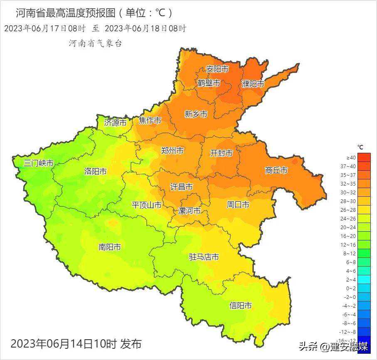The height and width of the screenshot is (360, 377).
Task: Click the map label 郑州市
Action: point(172,151)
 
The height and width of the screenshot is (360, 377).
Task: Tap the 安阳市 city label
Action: point(217,69)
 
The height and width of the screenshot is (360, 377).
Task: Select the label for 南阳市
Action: point(110,247)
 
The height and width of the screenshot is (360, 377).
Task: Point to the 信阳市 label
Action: point(241,306)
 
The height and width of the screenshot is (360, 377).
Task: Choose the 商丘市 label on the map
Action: point(276,170)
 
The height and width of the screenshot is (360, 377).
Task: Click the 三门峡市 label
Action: point(38,163)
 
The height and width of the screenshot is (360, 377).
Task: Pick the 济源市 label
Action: point(115,122)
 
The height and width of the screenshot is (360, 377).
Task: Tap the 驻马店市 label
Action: point(204,257)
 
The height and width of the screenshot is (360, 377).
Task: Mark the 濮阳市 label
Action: point(253,84)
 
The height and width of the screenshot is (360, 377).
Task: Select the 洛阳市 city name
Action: point(96,171)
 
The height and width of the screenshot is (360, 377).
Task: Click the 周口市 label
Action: point(238,205)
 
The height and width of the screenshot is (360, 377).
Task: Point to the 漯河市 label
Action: point(189,211)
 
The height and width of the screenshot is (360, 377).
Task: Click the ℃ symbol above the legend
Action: point(360,147)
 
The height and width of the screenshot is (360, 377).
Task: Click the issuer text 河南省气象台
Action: point(95,44)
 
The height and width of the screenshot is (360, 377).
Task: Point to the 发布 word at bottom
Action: point(131,344)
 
